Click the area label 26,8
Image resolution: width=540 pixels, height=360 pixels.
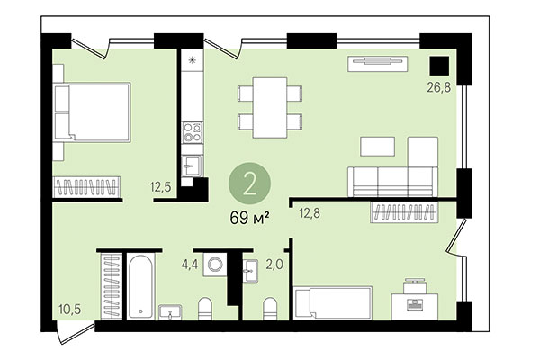pos(439,89)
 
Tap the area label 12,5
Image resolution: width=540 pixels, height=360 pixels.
pos(160,188)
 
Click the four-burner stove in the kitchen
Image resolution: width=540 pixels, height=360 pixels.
pos(193,133)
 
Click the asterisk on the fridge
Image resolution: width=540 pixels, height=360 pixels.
pos(192,61)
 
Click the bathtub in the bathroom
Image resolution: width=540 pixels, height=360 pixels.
pos(141,286)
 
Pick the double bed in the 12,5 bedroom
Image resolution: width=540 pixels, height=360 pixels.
pos(92,112)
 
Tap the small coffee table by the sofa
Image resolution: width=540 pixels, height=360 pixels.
pos(377,146)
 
